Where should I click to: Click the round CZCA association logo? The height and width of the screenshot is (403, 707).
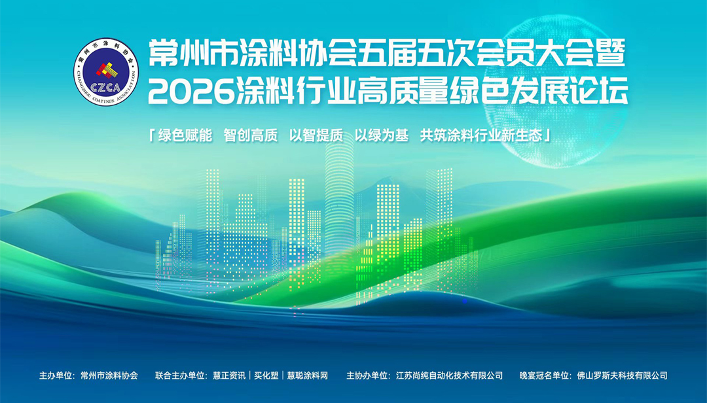[106, 73]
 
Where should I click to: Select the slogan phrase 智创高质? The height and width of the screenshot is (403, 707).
[251, 135]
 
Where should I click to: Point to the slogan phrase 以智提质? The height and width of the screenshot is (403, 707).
[316, 135]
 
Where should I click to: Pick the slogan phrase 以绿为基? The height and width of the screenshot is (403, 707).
[382, 135]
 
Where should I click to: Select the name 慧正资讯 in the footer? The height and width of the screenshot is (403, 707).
[229, 376]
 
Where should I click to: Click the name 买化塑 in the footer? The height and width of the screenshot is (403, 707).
[265, 376]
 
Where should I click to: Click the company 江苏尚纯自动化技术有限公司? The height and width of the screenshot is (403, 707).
[450, 376]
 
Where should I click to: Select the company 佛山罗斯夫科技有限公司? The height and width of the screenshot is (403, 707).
[623, 376]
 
